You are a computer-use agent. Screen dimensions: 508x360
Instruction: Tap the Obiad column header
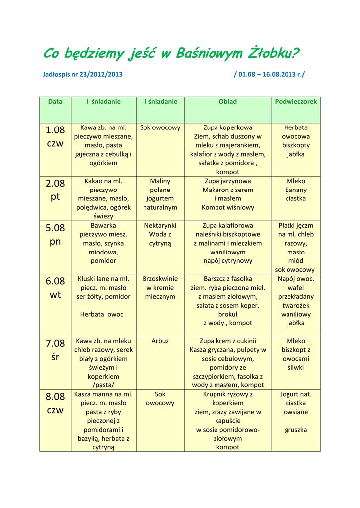pyautogui.click(x=228, y=102)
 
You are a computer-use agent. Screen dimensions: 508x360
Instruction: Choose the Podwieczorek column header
pyautogui.click(x=296, y=102)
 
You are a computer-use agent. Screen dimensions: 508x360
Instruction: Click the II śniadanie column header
pyautogui.click(x=160, y=102)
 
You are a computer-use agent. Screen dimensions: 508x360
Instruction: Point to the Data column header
pyautogui.click(x=55, y=102)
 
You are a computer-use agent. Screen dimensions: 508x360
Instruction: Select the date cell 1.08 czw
pyautogui.click(x=55, y=137)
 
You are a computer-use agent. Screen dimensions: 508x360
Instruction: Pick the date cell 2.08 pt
pyautogui.click(x=55, y=190)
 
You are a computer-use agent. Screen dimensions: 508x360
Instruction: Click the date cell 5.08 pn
pyautogui.click(x=55, y=235)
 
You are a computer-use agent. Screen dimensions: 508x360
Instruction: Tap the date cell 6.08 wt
pyautogui.click(x=55, y=288)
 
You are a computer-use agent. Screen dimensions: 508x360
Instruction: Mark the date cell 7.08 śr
pyautogui.click(x=55, y=350)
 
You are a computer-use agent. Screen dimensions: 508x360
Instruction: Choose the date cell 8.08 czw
pyautogui.click(x=55, y=403)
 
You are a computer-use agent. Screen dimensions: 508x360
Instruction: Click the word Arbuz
pyautogui.click(x=160, y=341)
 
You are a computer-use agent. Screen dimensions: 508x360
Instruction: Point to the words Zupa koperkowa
pyautogui.click(x=228, y=128)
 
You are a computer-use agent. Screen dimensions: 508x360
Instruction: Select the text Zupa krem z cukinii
pyautogui.click(x=228, y=341)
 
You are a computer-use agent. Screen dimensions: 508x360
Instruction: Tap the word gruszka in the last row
pyautogui.click(x=296, y=430)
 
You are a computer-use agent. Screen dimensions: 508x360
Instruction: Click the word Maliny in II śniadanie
pyautogui.click(x=160, y=181)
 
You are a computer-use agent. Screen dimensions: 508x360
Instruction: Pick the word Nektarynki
pyautogui.click(x=160, y=226)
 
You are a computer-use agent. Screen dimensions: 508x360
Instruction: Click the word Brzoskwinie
pyautogui.click(x=160, y=279)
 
